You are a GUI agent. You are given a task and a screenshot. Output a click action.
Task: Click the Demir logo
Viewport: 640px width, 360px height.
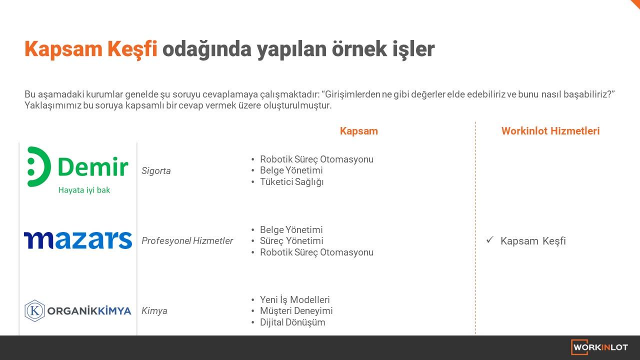coord(77,170)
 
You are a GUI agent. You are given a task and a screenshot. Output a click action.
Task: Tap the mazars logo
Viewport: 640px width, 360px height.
coord(78,240)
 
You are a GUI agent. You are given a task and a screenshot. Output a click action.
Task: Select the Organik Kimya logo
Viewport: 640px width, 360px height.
coord(77,311)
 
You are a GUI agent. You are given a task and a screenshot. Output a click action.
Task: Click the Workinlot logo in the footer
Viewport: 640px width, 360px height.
coord(599,347)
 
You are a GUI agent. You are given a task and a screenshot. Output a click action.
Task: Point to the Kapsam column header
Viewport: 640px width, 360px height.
coord(359,131)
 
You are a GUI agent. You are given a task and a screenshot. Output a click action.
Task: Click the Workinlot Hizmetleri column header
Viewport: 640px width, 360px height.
coord(550,131)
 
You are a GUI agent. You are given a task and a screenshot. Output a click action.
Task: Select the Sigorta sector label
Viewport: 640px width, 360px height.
coord(156,171)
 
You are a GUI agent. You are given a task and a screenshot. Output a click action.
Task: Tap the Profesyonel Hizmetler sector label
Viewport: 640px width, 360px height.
coord(187,241)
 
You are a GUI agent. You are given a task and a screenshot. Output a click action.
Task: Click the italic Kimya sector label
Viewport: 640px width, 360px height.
coord(154,311)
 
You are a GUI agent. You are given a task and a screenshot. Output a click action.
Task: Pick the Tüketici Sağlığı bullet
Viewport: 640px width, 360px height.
coord(291,182)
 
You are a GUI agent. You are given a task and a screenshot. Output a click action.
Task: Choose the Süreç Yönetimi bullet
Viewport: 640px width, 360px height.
coord(291,241)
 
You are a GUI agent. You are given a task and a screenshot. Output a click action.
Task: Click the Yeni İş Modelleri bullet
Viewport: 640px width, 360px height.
coord(294,299)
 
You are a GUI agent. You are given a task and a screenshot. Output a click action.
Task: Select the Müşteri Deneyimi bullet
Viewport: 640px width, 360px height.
coord(296,311)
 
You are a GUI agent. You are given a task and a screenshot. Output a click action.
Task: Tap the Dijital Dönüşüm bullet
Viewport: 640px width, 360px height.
coord(292,322)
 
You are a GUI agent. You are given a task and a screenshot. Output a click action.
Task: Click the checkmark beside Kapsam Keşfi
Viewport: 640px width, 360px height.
coord(489,239)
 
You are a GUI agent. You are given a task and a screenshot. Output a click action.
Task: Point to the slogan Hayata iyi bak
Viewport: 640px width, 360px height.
coord(84,190)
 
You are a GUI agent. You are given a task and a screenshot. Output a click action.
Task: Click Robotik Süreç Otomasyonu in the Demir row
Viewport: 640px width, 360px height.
coord(316,159)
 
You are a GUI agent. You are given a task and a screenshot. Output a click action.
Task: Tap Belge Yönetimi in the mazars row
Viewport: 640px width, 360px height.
coord(291,229)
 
